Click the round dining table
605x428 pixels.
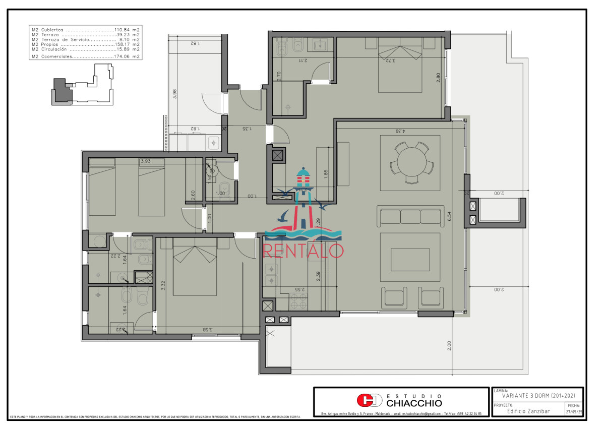[x=410, y=163]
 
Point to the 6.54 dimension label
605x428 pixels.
[x=449, y=215]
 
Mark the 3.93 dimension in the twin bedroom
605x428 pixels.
[x=145, y=161]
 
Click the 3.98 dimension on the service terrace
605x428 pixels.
[x=174, y=94]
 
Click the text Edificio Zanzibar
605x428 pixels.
[x=528, y=411]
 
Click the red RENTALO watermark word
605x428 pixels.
[x=304, y=251]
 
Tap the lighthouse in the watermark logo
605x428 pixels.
[x=304, y=192]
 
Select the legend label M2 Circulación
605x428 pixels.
[x=49, y=49]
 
